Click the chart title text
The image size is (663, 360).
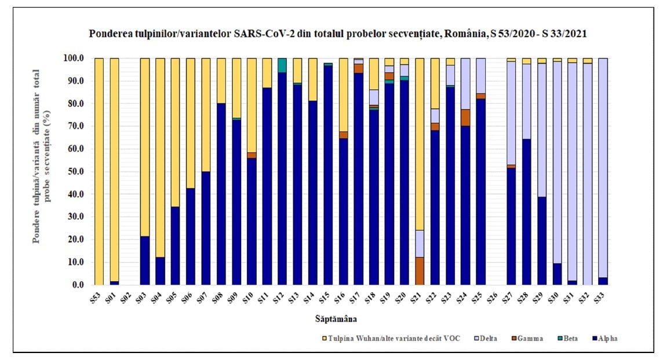[338, 34]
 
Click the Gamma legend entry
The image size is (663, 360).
[530, 339]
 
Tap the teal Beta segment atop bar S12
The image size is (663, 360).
[282, 65]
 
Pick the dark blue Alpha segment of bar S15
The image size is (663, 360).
[328, 174]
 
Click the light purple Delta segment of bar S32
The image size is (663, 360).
[587, 174]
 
